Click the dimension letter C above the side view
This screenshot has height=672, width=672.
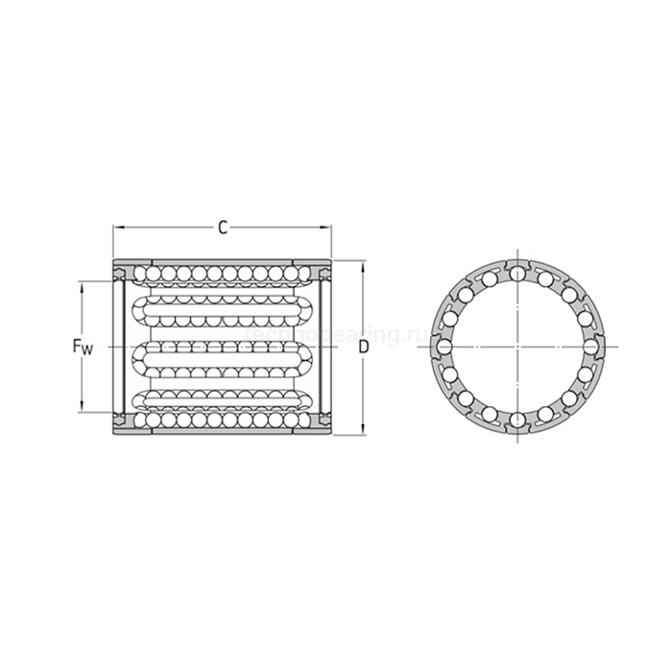click(x=223, y=228)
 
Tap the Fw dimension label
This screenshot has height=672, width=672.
click(x=84, y=347)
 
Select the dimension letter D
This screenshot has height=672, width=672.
click(x=363, y=347)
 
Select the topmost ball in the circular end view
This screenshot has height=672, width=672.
click(x=517, y=274)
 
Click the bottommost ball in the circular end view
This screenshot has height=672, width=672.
click(x=517, y=419)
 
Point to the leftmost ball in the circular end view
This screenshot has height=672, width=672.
click(x=445, y=346)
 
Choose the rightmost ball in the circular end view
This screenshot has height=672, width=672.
click(x=590, y=346)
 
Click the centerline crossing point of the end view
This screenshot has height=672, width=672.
click(x=517, y=346)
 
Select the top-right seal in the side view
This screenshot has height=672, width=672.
click(x=324, y=274)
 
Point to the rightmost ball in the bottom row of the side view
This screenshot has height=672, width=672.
click(x=306, y=420)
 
